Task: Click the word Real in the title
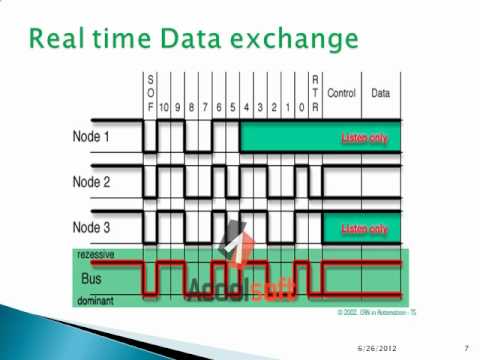click(58, 40)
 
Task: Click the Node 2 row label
click(92, 182)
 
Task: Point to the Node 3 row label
click(92, 228)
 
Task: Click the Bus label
click(93, 278)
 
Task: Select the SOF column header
click(150, 91)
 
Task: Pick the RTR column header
click(316, 91)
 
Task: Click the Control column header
click(341, 92)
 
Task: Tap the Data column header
click(381, 92)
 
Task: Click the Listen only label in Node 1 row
click(364, 137)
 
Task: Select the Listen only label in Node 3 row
click(364, 229)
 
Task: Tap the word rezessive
click(95, 255)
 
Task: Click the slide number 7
click(466, 347)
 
